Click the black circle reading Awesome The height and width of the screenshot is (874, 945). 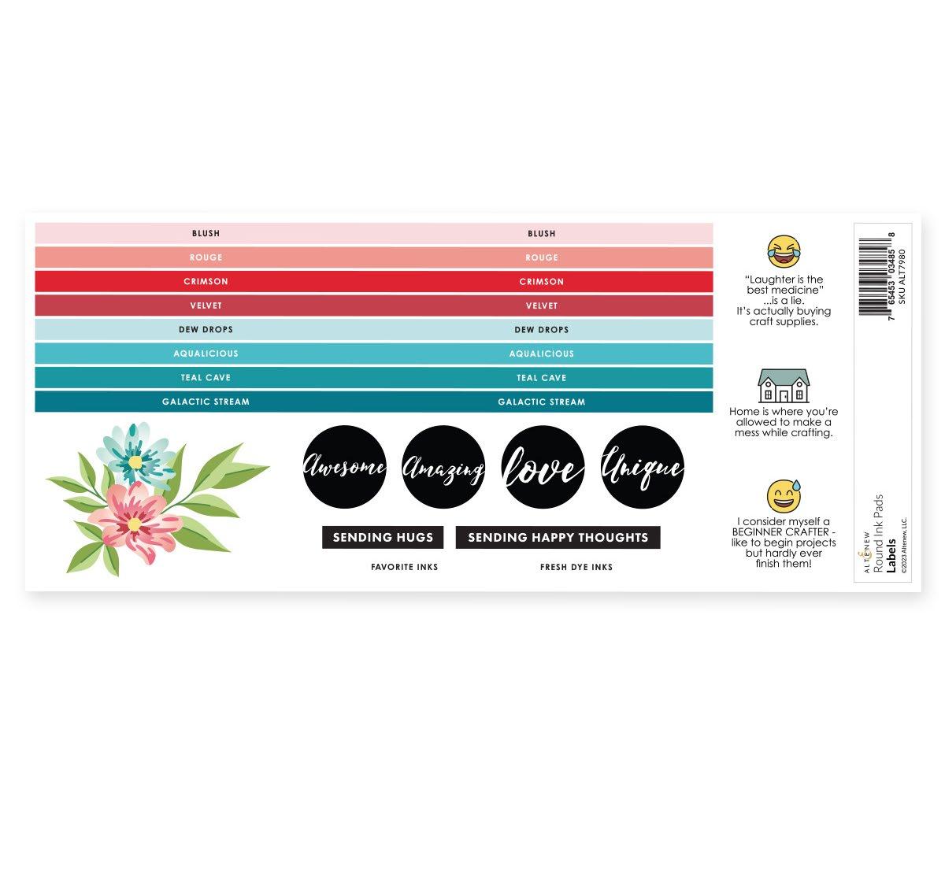345,467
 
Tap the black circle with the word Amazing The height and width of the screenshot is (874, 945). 443,467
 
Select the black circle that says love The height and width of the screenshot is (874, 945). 543,467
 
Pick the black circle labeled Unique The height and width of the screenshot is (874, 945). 642,467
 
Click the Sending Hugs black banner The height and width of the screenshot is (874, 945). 383,537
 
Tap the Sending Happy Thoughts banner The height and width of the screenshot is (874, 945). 558,537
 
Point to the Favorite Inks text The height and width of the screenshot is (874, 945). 404,567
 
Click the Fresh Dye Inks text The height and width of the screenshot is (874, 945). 576,567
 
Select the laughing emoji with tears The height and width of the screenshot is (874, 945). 783,251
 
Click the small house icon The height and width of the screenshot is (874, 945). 783,386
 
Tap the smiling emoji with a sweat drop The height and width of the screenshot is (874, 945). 783,496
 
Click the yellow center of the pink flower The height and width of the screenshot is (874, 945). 135,524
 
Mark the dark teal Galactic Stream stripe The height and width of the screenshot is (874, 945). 373,402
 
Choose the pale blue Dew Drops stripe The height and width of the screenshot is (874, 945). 373,329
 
